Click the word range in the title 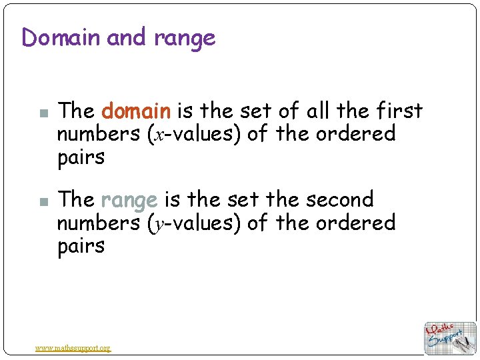(x=185, y=39)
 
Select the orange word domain (x=137, y=110)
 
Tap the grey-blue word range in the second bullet (x=129, y=200)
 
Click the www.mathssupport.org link (x=73, y=347)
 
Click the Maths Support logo (x=450, y=337)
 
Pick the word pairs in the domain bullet (x=81, y=158)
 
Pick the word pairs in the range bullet (x=81, y=247)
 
